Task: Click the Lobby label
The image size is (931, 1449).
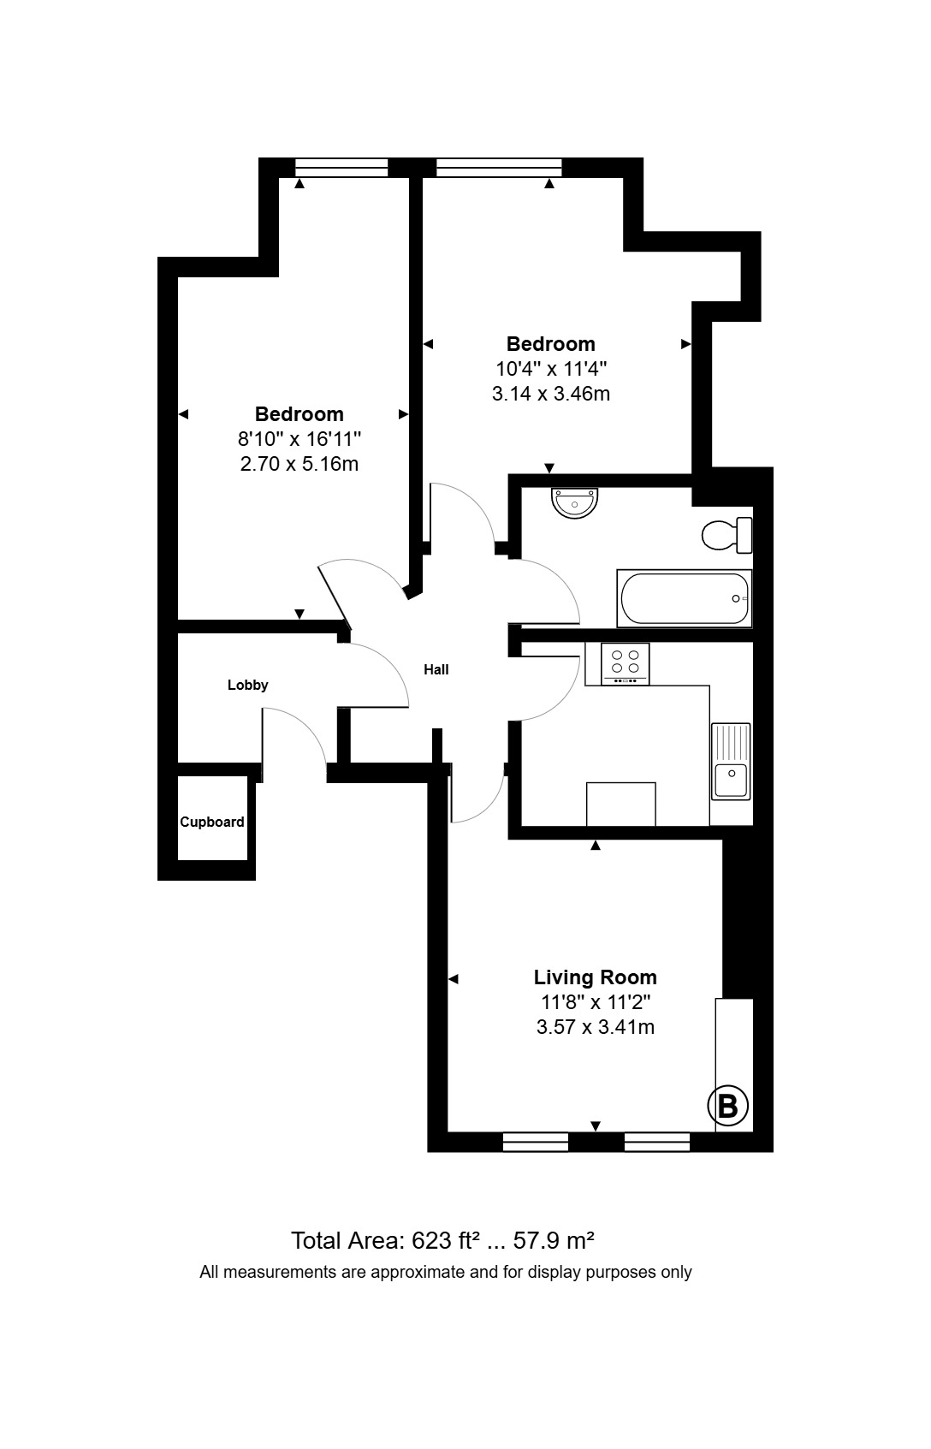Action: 247,685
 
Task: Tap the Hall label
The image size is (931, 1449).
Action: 436,669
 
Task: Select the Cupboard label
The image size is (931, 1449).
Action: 212,822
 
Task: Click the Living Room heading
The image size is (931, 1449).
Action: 596,977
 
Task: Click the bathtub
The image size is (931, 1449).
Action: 685,598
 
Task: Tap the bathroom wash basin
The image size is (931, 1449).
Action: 575,503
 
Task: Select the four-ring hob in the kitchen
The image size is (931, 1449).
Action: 626,663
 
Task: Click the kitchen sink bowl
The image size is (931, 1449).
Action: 732,780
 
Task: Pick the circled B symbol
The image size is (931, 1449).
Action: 728,1106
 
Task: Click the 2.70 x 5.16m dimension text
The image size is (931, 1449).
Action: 299,464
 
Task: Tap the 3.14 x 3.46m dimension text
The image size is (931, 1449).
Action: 551,394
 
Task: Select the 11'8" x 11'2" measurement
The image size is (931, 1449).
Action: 596,1002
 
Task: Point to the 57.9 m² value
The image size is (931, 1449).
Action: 554,1240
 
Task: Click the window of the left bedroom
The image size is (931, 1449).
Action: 341,168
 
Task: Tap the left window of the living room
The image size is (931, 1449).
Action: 536,1142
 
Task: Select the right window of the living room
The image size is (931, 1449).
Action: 657,1142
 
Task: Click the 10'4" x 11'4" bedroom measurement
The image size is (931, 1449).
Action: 551,369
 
